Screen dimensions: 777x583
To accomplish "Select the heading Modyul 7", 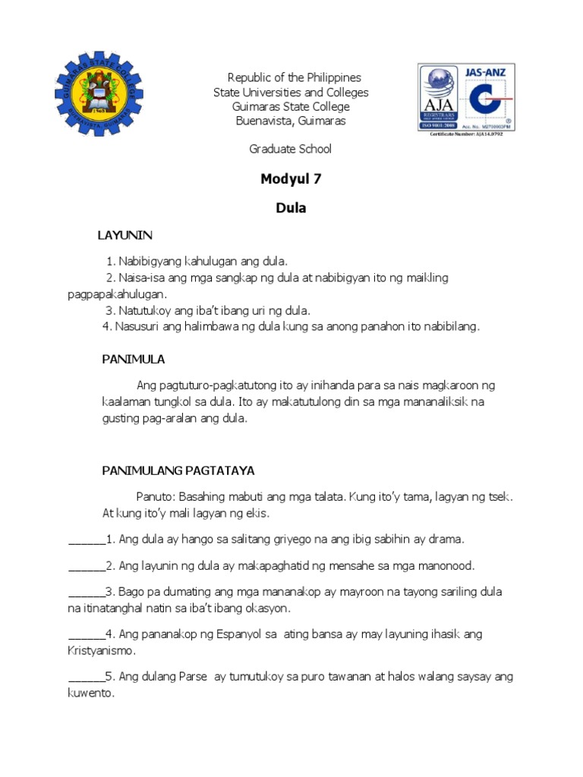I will pos(285,180).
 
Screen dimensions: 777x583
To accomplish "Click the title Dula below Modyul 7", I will pos(291,208).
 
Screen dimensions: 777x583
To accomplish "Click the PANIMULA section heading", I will pos(134,359).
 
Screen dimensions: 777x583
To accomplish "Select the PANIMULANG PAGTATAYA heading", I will pos(178,470).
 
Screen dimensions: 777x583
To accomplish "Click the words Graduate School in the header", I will pos(291,149).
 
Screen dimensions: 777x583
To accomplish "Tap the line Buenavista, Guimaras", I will pos(291,121).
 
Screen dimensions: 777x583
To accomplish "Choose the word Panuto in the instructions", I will pos(156,497).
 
